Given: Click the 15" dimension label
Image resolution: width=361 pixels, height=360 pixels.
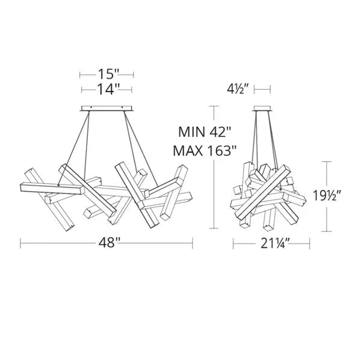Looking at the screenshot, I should coord(107,75).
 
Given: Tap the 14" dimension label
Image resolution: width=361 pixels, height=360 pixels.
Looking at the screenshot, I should coord(107,89).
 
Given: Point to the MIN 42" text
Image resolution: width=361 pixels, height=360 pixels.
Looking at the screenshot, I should coord(205,132).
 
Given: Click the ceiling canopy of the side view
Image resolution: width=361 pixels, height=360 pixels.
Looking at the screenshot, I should coord(262,109).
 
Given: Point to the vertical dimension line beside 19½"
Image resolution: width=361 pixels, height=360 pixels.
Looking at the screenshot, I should coord(327,196).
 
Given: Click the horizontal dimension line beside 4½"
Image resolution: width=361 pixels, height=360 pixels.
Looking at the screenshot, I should coord(262,90).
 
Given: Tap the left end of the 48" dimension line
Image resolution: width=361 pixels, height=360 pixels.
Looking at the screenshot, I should coord(21,243).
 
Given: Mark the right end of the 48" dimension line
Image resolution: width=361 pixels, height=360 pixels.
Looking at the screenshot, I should coord(193,243).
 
